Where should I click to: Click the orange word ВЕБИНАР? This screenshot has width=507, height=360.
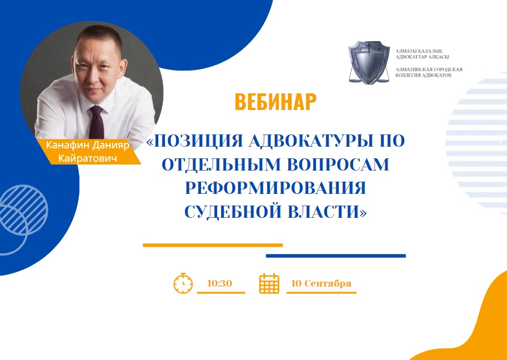point(275,102)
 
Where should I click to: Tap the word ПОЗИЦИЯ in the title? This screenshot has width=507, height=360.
point(198,142)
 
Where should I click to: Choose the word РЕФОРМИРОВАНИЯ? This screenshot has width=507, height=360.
point(275,188)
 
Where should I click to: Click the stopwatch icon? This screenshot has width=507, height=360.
point(183,283)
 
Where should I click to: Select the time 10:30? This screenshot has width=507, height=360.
point(219,284)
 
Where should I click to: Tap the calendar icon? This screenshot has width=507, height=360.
point(269,283)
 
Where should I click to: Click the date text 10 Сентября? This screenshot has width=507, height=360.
point(321,284)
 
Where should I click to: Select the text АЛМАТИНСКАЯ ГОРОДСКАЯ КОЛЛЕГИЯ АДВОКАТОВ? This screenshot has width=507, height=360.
point(429,72)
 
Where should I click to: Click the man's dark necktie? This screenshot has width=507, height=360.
point(97,122)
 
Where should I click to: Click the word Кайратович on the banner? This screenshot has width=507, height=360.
point(87,158)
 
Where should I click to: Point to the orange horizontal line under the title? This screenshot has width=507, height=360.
point(213,245)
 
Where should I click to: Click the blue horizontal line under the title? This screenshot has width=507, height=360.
point(335,256)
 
